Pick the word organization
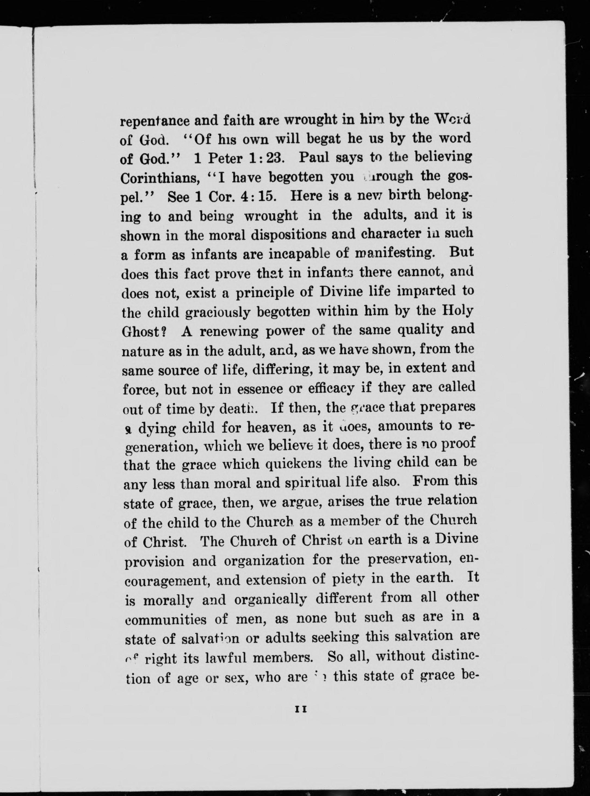(264, 560)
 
